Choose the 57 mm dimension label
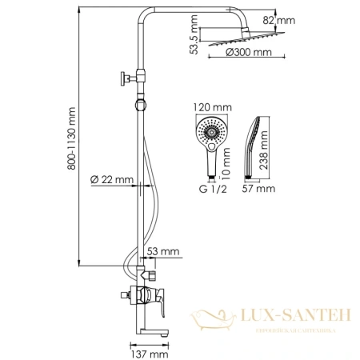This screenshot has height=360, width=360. (x=260, y=190)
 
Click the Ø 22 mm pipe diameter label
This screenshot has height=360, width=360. (x=111, y=179)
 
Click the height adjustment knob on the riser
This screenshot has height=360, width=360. (x=124, y=78)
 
